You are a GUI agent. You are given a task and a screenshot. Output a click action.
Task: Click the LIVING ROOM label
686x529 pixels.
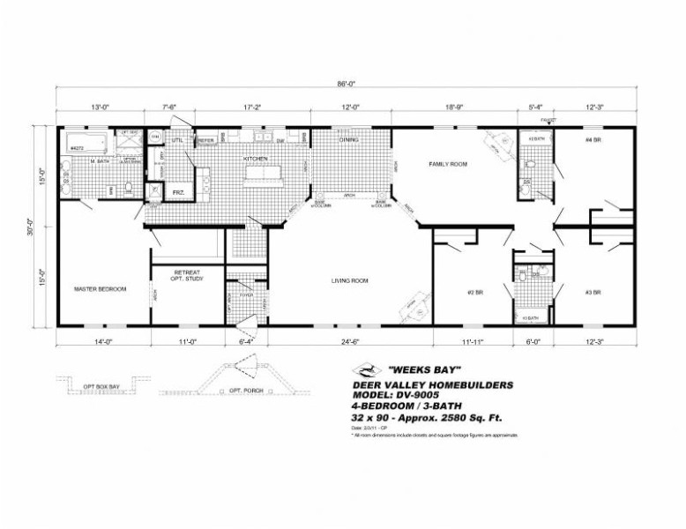pyautogui.click(x=349, y=281)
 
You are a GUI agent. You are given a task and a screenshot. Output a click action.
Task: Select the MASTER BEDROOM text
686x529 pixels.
pyautogui.click(x=101, y=289)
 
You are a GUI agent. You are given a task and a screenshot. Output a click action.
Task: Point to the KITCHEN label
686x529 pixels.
pyautogui.click(x=257, y=159)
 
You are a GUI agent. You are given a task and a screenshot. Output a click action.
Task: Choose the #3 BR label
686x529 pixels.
pyautogui.click(x=593, y=291)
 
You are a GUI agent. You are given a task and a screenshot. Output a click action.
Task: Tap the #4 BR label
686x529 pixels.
pyautogui.click(x=593, y=140)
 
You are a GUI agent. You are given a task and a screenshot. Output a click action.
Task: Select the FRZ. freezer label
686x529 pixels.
pyautogui.click(x=178, y=191)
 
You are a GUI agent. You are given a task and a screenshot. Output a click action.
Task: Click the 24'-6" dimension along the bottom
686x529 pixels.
pyautogui.click(x=350, y=339)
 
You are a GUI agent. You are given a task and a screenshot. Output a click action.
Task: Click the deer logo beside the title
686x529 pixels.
pyautogui.click(x=363, y=371)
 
